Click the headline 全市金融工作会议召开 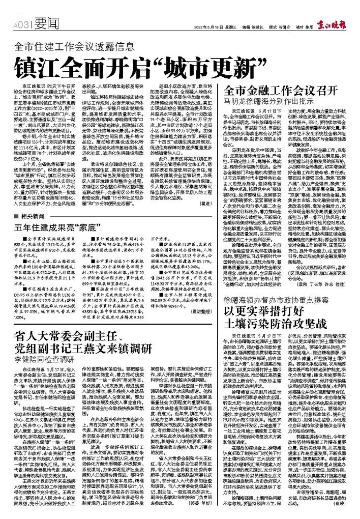point(281,92)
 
